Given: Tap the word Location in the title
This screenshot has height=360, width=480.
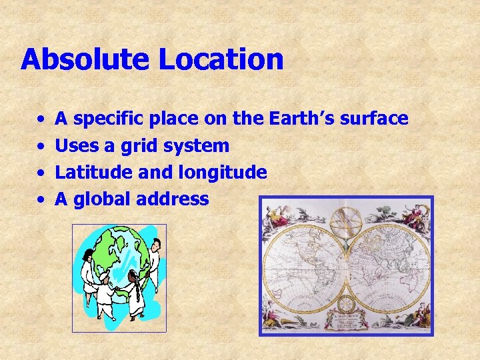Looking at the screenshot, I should click(221, 59).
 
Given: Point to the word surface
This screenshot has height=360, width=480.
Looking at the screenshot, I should click(374, 119).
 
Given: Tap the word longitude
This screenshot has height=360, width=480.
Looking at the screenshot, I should click(223, 173).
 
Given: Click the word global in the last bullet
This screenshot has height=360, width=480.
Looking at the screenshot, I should click(101, 199).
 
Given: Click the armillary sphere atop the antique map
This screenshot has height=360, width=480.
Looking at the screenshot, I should click(346, 223).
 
